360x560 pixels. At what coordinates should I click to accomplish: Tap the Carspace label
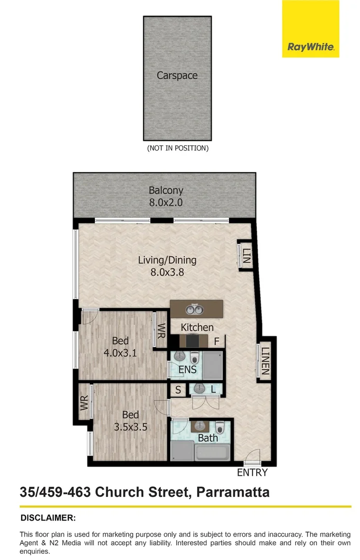(177, 76)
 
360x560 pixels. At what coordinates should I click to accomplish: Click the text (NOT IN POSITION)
(177, 148)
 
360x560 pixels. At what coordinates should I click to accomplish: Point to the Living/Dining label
(167, 260)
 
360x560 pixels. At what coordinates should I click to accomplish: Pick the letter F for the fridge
(217, 342)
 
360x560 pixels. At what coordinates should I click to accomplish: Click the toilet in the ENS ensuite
(195, 357)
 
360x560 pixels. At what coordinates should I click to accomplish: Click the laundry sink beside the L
(199, 389)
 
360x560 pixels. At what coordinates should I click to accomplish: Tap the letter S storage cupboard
(178, 390)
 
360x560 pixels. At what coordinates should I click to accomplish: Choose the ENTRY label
(252, 472)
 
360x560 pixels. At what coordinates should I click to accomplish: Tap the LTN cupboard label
(246, 255)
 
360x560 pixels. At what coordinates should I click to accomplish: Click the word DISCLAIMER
(48, 517)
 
